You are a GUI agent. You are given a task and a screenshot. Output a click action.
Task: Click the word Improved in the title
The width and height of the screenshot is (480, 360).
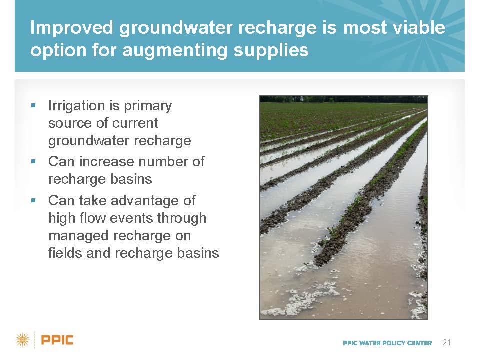[x=72, y=28]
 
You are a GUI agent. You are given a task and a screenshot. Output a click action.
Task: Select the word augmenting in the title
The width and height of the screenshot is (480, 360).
[x=175, y=51]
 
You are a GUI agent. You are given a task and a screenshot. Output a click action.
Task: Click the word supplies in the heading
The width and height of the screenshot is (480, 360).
[x=271, y=51]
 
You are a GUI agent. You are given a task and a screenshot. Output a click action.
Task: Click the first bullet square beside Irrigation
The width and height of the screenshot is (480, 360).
[x=33, y=106]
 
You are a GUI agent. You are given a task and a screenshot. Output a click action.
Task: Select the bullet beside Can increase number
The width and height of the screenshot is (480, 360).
[x=33, y=161]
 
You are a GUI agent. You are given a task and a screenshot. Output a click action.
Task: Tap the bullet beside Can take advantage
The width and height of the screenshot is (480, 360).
[x=33, y=201]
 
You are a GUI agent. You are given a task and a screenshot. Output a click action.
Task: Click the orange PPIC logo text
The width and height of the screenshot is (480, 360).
[x=57, y=340]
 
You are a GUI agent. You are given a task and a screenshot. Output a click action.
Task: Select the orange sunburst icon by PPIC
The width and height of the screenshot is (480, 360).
[x=23, y=340]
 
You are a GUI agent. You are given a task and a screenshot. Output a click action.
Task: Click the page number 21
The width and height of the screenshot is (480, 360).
[x=447, y=342]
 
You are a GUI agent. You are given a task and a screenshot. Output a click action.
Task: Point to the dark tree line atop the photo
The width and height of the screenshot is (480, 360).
[x=344, y=99]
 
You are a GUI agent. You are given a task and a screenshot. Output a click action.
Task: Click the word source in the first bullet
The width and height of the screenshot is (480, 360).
[x=70, y=123]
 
